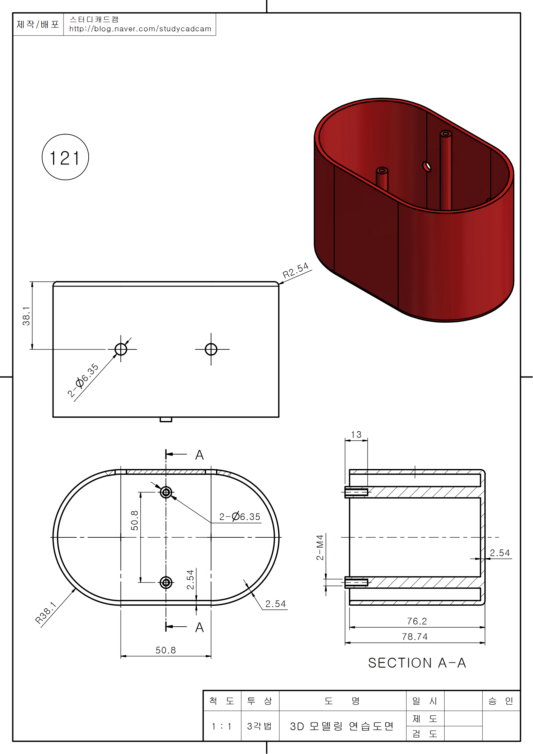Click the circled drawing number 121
[65, 157]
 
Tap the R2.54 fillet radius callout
[296, 270]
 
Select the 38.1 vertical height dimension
[26, 316]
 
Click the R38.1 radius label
[46, 613]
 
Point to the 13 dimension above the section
[356, 435]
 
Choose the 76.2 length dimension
[417, 621]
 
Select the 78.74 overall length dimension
[415, 636]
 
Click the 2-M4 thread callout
[320, 547]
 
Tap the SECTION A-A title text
[417, 663]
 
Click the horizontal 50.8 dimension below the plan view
[165, 650]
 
